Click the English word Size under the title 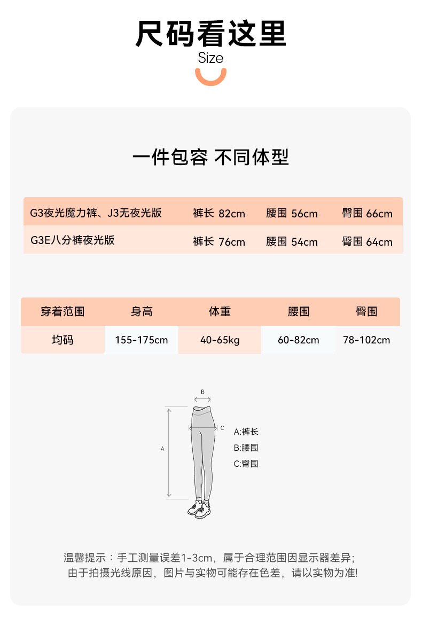tap(210, 58)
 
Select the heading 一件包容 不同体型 tap(210, 158)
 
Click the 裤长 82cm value tap(219, 214)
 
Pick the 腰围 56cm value tap(292, 214)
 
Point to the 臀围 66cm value tap(367, 214)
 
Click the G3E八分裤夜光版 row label tap(73, 240)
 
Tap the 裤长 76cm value tap(219, 241)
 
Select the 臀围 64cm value tap(367, 241)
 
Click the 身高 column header tap(142, 311)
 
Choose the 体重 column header tap(220, 311)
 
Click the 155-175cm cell tap(142, 340)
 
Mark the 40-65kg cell tap(220, 340)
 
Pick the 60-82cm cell tap(298, 340)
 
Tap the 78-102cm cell tap(367, 340)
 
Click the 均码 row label tap(62, 340)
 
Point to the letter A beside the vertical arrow tap(162, 449)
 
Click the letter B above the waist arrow tap(202, 392)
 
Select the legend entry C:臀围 tap(246, 464)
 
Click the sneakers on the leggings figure tap(199, 510)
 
